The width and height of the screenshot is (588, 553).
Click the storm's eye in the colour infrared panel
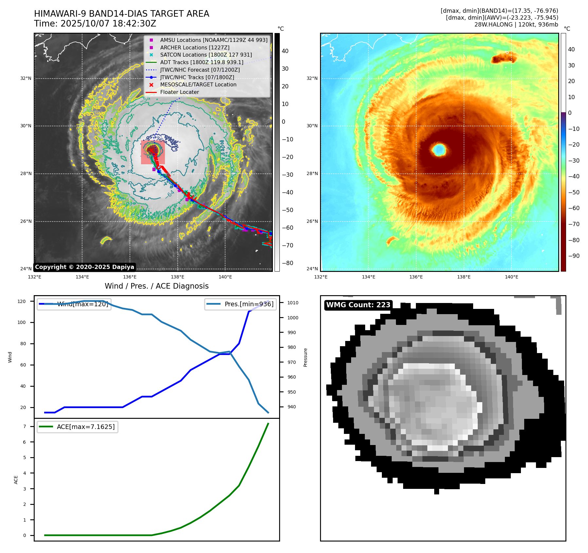(x=439, y=150)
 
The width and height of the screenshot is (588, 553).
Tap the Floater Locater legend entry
(x=179, y=92)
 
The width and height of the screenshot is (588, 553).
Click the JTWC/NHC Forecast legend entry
(x=200, y=70)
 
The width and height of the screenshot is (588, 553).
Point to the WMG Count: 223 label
(x=358, y=305)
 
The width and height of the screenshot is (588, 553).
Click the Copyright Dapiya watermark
(x=84, y=267)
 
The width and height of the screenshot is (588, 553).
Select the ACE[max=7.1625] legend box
(x=78, y=427)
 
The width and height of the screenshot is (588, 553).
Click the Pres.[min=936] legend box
(x=241, y=304)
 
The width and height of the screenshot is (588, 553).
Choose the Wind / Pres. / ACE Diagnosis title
(x=156, y=286)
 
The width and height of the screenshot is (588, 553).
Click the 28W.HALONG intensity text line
(x=516, y=25)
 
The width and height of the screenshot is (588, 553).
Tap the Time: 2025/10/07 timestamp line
(x=95, y=24)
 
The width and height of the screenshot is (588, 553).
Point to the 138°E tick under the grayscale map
(x=178, y=277)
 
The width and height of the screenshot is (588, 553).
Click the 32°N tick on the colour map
(x=312, y=79)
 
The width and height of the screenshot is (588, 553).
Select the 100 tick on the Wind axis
(x=22, y=322)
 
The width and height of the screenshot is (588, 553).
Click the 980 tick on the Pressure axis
(x=292, y=347)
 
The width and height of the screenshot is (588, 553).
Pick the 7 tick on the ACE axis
(x=25, y=426)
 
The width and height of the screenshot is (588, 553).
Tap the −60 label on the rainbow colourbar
(x=573, y=208)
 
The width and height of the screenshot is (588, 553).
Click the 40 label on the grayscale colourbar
(x=285, y=51)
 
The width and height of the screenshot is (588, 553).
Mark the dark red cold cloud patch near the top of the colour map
(x=503, y=59)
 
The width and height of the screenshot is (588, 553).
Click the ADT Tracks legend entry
(x=202, y=62)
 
